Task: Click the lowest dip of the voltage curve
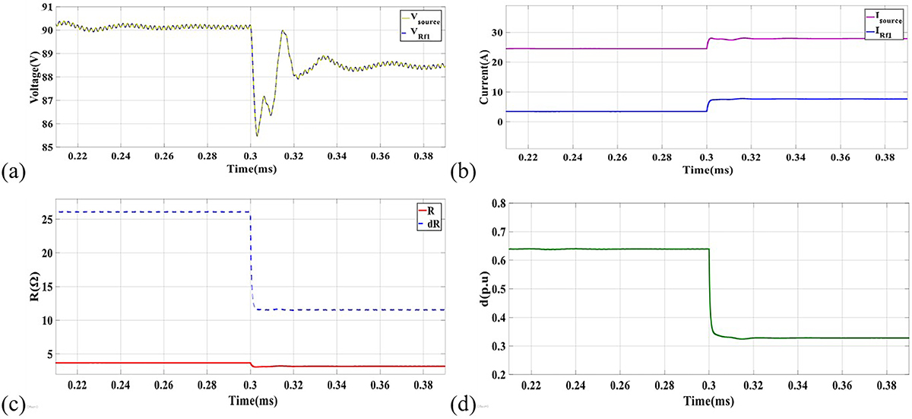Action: [x=257, y=136]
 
